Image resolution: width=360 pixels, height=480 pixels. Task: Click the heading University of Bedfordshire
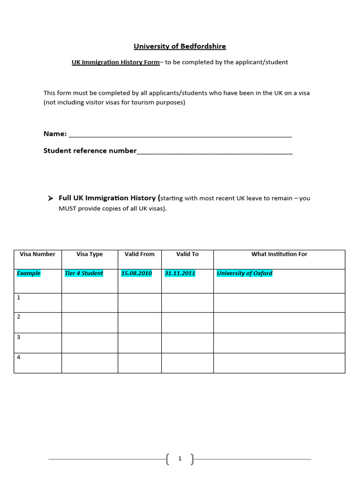(180, 46)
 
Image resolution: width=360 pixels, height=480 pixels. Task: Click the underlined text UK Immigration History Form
(116, 62)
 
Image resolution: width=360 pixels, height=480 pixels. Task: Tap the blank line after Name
(180, 135)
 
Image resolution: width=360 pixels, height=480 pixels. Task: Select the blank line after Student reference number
(215, 152)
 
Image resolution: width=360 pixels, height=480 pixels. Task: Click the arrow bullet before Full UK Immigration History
(50, 198)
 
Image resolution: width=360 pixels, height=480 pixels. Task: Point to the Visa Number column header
(37, 254)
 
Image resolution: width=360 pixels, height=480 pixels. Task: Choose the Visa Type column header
(90, 254)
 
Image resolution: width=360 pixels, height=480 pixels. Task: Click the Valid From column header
(139, 254)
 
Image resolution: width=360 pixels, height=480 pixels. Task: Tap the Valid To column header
(187, 254)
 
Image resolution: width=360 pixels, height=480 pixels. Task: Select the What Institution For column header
(279, 254)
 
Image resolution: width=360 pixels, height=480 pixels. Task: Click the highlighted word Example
(29, 273)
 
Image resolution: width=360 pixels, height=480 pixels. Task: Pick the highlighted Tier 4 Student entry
(84, 273)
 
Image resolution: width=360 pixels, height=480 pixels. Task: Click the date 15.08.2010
(136, 273)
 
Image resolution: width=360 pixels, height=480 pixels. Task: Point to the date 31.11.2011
(180, 273)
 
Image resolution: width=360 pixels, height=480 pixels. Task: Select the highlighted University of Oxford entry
(244, 273)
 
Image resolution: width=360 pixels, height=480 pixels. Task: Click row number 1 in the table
(19, 297)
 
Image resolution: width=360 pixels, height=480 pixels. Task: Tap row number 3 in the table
(19, 337)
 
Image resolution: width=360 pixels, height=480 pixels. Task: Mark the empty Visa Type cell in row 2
(90, 322)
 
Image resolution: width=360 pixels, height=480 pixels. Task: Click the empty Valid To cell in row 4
(187, 363)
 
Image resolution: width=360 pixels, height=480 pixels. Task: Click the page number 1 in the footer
(180, 459)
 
